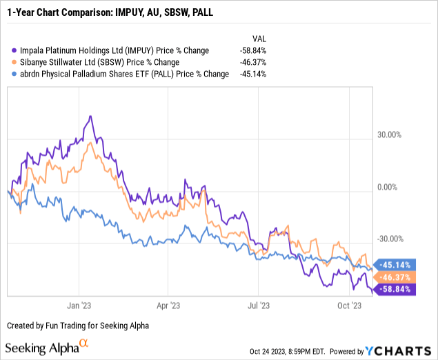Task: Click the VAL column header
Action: (257, 39)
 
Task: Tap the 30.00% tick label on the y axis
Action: (391, 135)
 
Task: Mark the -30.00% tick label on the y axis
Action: (390, 239)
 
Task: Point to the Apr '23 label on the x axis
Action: (168, 304)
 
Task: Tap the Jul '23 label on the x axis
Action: (257, 304)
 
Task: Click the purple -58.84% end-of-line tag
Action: (397, 289)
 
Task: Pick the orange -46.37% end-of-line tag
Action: (397, 277)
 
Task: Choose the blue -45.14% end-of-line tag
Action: (397, 265)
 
